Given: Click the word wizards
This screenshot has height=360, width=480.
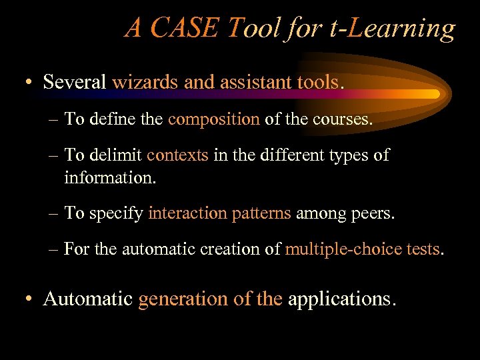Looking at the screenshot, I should click(x=137, y=82).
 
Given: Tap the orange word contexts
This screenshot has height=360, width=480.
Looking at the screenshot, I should click(x=177, y=155).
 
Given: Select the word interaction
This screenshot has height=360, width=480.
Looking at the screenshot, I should click(x=188, y=213).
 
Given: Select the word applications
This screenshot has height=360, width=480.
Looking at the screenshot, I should click(x=341, y=299).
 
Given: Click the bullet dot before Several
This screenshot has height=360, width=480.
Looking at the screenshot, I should click(x=29, y=83).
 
